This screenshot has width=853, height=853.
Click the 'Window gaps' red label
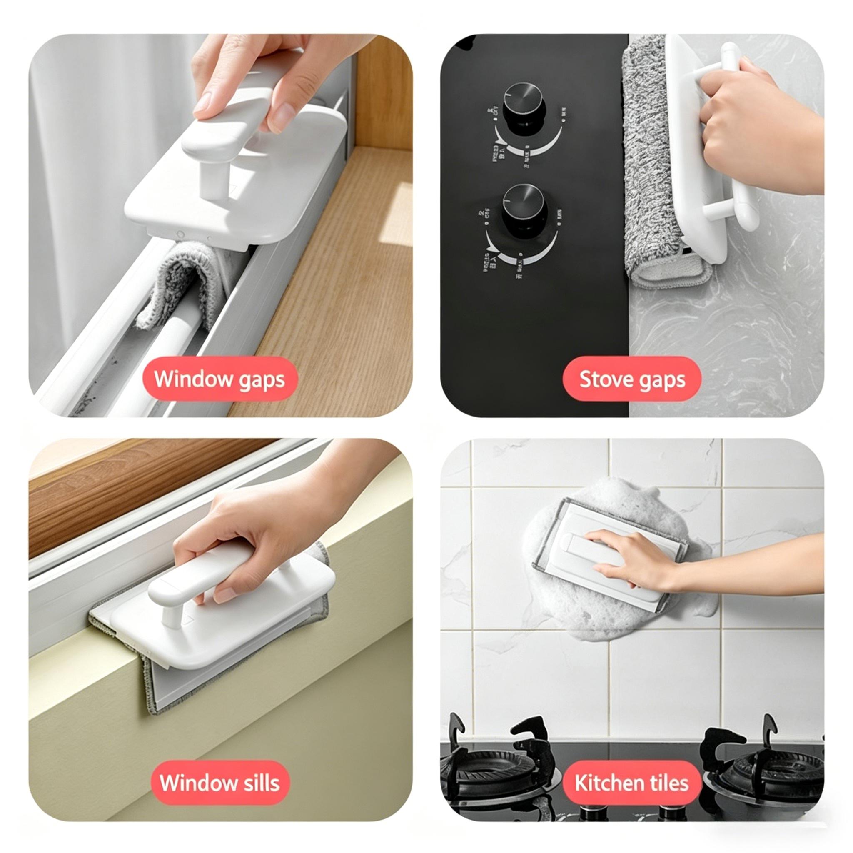click(219, 379)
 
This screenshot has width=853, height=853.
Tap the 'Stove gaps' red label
click(631, 379)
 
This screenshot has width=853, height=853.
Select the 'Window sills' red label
click(219, 783)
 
